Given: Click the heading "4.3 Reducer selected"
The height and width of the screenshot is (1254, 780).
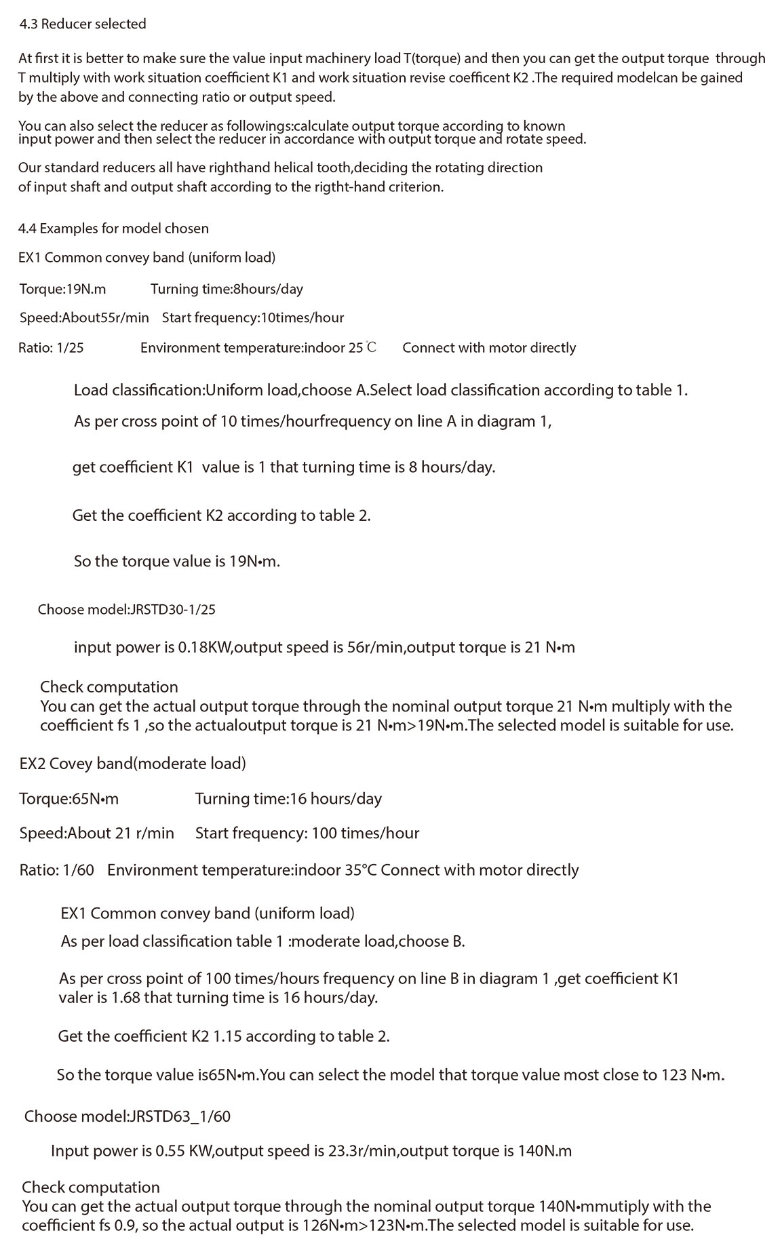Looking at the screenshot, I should (83, 24).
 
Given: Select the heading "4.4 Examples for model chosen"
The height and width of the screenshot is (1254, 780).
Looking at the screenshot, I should (113, 229).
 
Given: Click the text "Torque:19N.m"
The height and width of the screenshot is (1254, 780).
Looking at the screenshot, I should (62, 289).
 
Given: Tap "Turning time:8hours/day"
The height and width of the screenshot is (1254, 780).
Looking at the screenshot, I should (227, 289).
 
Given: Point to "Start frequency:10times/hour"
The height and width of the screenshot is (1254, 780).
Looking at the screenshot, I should (252, 317).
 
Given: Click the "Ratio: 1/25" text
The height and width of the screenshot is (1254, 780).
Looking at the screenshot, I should (51, 348).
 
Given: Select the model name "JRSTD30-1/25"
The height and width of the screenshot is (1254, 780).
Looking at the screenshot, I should (172, 610).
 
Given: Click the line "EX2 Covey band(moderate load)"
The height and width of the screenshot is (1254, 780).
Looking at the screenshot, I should (132, 764).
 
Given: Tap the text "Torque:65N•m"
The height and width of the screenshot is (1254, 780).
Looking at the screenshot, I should (69, 799).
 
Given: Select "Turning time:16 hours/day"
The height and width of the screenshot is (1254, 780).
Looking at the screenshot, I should (288, 799).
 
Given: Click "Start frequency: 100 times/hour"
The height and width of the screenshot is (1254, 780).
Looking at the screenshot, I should (307, 834).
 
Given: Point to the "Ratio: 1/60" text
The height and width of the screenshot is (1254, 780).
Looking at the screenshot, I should (56, 870).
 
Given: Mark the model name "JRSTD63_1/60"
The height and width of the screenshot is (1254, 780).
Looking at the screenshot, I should (180, 1116).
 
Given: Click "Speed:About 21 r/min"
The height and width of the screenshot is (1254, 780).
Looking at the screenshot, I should (96, 834).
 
